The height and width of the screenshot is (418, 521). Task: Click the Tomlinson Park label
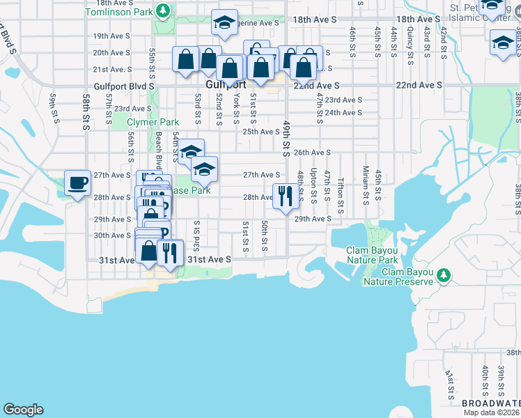click(x=118, y=12)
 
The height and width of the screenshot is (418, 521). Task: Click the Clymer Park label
click(x=148, y=122)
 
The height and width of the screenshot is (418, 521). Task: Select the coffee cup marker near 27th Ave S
click(x=77, y=183)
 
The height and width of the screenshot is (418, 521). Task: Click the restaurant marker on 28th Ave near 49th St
click(x=284, y=196)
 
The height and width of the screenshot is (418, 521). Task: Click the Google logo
click(x=23, y=410)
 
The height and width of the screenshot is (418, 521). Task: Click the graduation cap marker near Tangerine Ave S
click(x=224, y=23)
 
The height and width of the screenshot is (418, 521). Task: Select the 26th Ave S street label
click(x=311, y=153)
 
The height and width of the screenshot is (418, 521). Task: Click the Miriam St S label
click(x=365, y=180)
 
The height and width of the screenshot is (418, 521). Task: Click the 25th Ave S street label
click(x=260, y=131)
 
